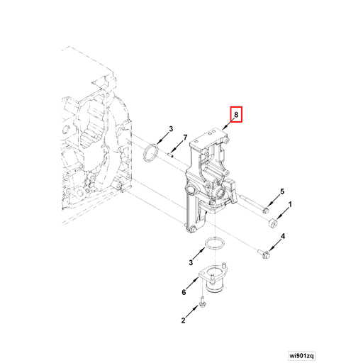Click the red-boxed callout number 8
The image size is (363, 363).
click(x=235, y=114)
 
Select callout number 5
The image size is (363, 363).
click(x=281, y=192)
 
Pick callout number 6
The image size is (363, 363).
click(x=184, y=292)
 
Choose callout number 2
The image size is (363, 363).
click(x=183, y=320)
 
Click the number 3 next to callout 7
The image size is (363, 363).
click(x=170, y=128)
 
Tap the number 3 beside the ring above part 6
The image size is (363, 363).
click(x=191, y=262)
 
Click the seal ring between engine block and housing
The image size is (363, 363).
click(x=151, y=153)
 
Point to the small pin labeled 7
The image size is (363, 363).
click(x=172, y=150)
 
